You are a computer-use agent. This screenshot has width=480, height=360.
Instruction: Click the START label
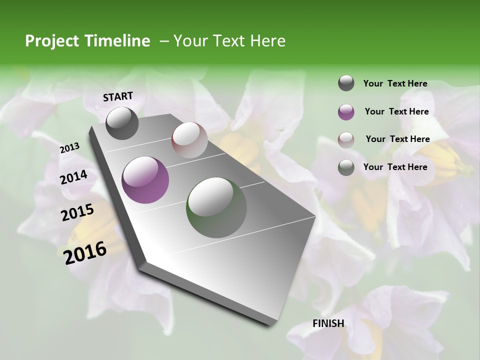pyautogui.click(x=118, y=96)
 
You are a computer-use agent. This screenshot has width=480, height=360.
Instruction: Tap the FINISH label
pyautogui.click(x=328, y=323)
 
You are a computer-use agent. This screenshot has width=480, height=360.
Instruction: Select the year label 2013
pyautogui.click(x=69, y=148)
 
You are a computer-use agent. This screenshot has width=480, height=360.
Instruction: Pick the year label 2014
pyautogui.click(x=73, y=177)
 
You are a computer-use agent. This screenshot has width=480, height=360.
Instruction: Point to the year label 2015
pyautogui.click(x=77, y=212)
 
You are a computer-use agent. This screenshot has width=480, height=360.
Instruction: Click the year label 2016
pyautogui.click(x=85, y=253)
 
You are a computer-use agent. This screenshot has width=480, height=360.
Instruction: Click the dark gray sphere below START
pyautogui.click(x=122, y=123)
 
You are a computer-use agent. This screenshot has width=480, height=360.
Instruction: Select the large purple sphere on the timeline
pyautogui.click(x=145, y=180)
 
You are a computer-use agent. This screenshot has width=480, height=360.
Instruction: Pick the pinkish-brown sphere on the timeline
pyautogui.click(x=189, y=140)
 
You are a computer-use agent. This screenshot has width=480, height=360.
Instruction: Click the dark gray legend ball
pyautogui.click(x=346, y=83)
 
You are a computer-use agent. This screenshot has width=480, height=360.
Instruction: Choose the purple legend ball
pyautogui.click(x=346, y=111)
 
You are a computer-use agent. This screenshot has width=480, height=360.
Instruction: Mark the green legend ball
pyautogui.click(x=346, y=167)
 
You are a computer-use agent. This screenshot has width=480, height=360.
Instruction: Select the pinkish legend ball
pyautogui.click(x=346, y=139)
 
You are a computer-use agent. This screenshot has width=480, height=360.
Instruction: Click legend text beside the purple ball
pyautogui.click(x=396, y=111)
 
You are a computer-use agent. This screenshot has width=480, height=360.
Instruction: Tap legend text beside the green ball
pyautogui.click(x=395, y=167)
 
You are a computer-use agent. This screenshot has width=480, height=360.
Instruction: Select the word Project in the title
pyautogui.click(x=51, y=41)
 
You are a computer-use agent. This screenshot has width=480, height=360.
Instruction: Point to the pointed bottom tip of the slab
pyautogui.click(x=270, y=324)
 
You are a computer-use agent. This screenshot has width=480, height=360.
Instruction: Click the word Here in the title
pyautogui.click(x=267, y=41)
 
